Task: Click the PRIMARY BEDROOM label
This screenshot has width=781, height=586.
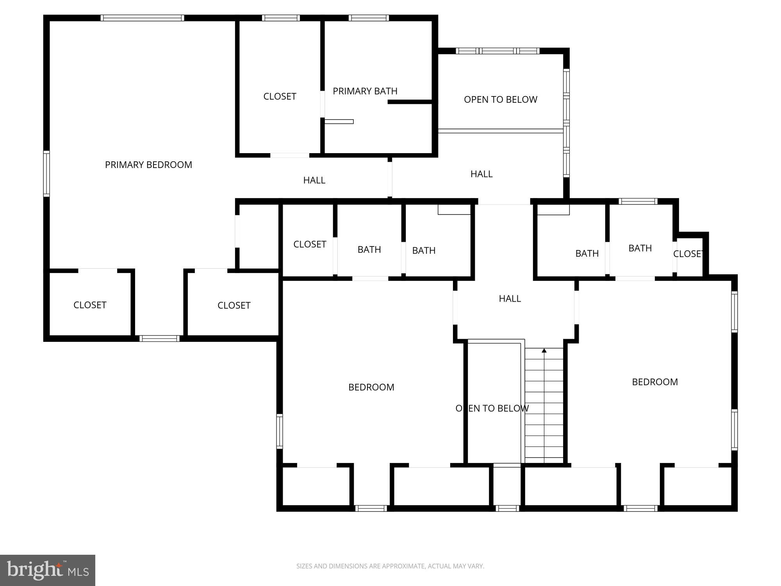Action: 148,165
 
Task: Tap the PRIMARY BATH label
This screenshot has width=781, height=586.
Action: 365,91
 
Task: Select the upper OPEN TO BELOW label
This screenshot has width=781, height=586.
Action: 500,100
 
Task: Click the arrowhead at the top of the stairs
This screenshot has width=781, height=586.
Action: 544,350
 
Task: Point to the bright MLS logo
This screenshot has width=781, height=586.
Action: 48,570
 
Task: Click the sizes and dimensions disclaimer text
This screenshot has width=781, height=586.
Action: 390,566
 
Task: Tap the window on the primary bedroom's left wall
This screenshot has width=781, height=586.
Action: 46,173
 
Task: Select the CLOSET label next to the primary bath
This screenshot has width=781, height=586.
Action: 280,96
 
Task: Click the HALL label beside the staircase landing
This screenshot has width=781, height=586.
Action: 510,298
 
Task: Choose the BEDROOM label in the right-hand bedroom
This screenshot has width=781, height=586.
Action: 654,382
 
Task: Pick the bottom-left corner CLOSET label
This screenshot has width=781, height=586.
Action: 90,305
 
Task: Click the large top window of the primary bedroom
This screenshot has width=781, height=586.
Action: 142,18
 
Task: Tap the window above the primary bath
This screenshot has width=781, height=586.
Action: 369,18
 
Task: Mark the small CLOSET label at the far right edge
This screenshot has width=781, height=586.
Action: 688,254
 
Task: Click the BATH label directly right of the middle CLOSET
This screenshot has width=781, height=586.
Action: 369,250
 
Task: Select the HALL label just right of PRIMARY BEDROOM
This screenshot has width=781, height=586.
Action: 314,180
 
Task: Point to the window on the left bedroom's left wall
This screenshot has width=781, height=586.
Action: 280,431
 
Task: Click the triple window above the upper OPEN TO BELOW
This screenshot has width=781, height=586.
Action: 497,51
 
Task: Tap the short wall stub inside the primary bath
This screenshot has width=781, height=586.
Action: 410,102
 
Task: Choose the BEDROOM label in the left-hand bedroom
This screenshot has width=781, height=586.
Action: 371,387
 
